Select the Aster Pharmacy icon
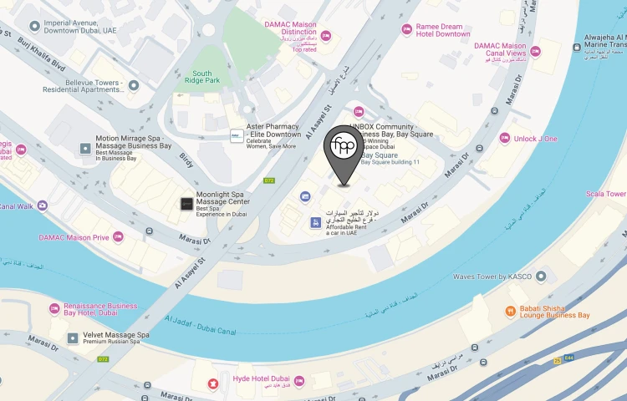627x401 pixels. (237, 135)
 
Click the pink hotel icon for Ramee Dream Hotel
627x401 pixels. (407, 30)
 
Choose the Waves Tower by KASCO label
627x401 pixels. (492, 277)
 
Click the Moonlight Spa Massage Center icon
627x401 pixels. (186, 203)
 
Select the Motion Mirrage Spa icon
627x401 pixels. (84, 148)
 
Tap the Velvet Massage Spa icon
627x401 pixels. (73, 338)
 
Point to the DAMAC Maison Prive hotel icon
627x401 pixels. (118, 237)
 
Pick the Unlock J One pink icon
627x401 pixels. (505, 138)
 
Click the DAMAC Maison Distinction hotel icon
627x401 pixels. (326, 36)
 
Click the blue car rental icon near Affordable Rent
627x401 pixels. (315, 222)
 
